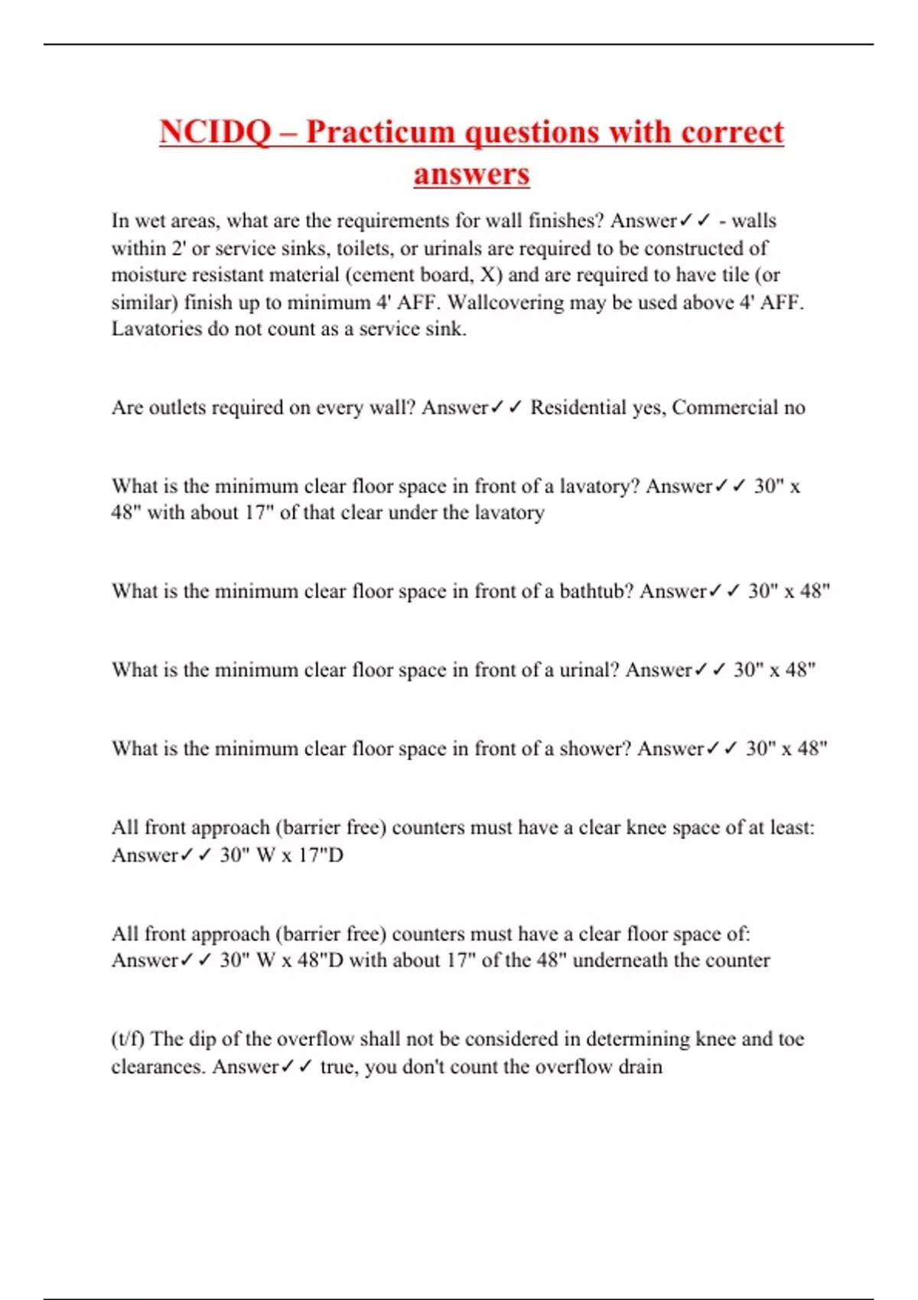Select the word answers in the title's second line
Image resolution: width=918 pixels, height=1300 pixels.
point(471,174)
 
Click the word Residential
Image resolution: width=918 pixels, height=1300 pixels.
point(578,408)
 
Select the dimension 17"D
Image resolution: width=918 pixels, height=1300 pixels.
point(321,855)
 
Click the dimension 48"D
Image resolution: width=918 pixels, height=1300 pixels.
point(321,960)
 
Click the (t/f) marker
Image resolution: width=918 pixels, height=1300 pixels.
point(128,1039)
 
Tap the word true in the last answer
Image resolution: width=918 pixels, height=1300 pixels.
point(336,1067)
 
